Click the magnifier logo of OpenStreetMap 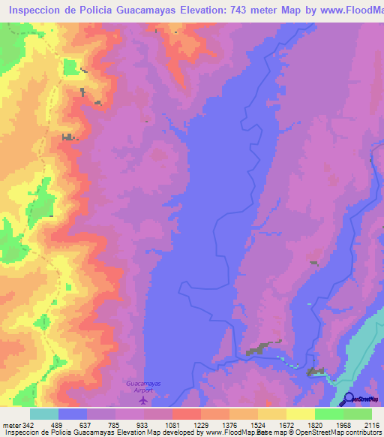click(x=347, y=399)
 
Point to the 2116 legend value click(x=372, y=424)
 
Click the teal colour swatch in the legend click(x=44, y=414)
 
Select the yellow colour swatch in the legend click(x=300, y=414)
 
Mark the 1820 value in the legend click(x=315, y=424)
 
